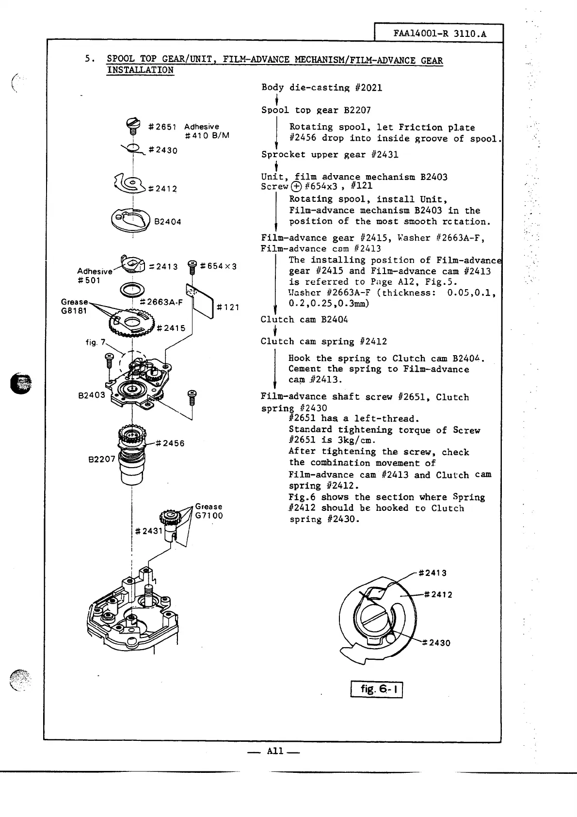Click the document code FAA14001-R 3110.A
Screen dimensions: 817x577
(439, 34)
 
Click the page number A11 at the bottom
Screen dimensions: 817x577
(274, 751)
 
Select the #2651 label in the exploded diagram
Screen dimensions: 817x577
(162, 127)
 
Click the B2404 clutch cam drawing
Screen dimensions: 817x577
(131, 220)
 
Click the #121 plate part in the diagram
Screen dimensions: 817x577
(203, 301)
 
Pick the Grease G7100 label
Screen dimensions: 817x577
(208, 511)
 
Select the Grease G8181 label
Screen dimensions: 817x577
(74, 306)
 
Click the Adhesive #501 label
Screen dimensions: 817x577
(94, 276)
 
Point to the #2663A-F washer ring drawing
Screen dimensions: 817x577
(129, 290)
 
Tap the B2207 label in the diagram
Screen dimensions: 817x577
(100, 459)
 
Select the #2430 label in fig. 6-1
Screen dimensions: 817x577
(436, 643)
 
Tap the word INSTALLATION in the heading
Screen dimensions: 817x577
(140, 70)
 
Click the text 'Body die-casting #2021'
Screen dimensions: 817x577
(321, 88)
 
